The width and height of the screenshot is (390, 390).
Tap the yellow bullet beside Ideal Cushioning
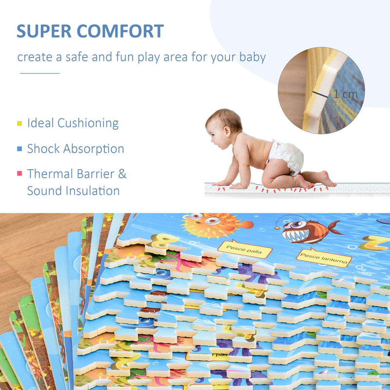19,123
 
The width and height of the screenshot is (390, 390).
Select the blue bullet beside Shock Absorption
19,149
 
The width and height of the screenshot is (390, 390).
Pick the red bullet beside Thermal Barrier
19,174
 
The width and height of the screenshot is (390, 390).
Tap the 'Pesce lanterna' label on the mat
323,256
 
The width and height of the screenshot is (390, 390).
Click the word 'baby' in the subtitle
252,57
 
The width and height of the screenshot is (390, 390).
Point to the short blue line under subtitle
39,73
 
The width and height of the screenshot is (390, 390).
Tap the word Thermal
49,174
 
